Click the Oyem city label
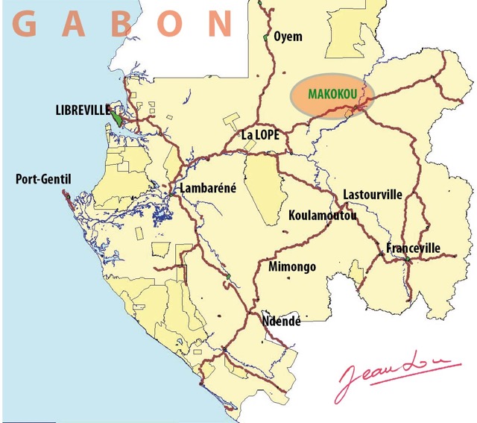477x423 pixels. coord(288,36)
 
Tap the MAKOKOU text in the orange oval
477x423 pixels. coord(329,95)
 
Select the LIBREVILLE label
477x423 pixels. coord(82,110)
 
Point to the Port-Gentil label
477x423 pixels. coord(40,179)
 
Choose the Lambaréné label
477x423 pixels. coord(208,188)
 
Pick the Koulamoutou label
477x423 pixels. coord(322,216)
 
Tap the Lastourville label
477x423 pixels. coord(372,195)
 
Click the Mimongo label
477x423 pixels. coord(291,266)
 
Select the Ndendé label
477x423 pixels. coord(281,321)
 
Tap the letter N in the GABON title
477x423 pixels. coord(220,24)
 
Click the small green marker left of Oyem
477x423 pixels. coord(265,37)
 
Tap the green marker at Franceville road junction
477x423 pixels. coord(408,259)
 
